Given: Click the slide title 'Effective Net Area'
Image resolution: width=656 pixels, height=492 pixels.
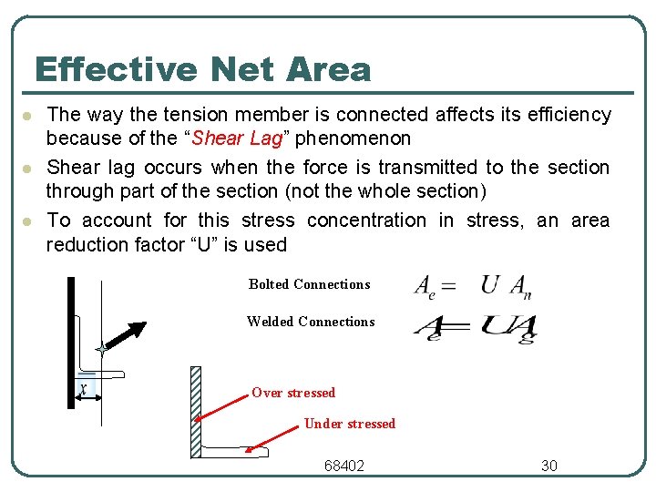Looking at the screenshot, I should (202, 70).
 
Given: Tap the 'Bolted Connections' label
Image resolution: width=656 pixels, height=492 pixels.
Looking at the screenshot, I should (309, 284).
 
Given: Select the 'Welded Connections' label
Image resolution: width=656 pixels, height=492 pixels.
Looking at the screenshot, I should (310, 322).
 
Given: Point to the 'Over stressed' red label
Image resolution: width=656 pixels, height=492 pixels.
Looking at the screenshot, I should (293, 393).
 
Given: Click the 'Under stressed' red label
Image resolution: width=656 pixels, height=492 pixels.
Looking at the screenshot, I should (349, 424).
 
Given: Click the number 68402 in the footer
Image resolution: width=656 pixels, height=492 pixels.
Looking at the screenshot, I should (344, 466).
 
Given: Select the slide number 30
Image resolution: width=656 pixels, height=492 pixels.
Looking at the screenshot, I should (548, 466).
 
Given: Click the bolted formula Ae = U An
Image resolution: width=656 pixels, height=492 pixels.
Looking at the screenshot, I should (472, 286).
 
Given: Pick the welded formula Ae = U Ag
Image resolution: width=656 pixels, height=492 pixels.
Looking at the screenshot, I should (474, 325).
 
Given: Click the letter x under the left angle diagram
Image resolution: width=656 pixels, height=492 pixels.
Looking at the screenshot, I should (84, 390).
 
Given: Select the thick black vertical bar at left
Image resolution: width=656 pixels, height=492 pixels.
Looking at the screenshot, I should (70, 343).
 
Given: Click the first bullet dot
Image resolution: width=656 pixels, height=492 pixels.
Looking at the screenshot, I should (28, 117).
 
